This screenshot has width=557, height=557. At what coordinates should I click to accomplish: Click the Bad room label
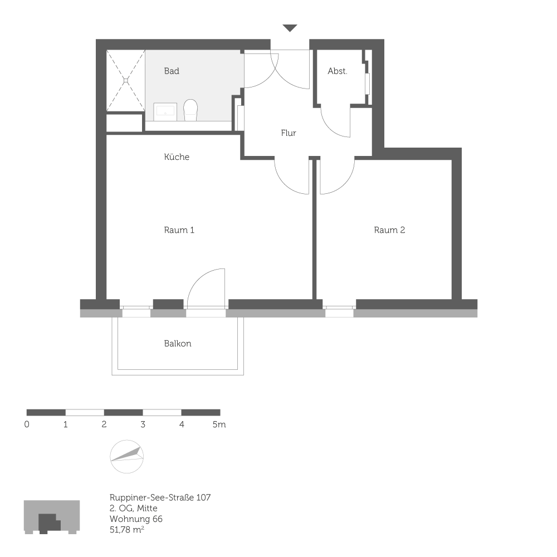tap(172, 71)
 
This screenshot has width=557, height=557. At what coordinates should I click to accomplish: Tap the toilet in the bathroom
tap(190, 110)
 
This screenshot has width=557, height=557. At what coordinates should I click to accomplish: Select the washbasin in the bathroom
tap(165, 110)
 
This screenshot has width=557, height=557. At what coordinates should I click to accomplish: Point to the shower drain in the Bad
tap(126, 80)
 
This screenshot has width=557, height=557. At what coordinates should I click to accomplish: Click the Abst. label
tap(338, 71)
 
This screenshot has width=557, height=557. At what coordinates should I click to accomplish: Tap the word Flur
tap(289, 133)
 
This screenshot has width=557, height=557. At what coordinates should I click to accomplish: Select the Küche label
tap(177, 157)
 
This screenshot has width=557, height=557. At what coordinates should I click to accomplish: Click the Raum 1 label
tap(179, 230)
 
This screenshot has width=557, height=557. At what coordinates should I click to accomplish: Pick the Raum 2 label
tap(389, 230)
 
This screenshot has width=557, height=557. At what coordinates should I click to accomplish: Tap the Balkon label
tap(178, 344)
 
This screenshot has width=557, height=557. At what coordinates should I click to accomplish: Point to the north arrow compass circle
tap(127, 456)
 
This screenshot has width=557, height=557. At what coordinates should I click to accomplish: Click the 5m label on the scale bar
tap(219, 424)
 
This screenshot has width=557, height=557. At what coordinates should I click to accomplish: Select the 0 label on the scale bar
tap(27, 424)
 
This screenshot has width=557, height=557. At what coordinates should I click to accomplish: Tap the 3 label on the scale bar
tap(143, 424)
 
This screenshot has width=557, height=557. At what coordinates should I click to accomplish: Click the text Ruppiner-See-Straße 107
tap(160, 497)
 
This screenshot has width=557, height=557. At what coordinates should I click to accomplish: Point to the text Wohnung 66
tap(136, 519)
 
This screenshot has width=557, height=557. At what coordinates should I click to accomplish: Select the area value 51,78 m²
tap(128, 530)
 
